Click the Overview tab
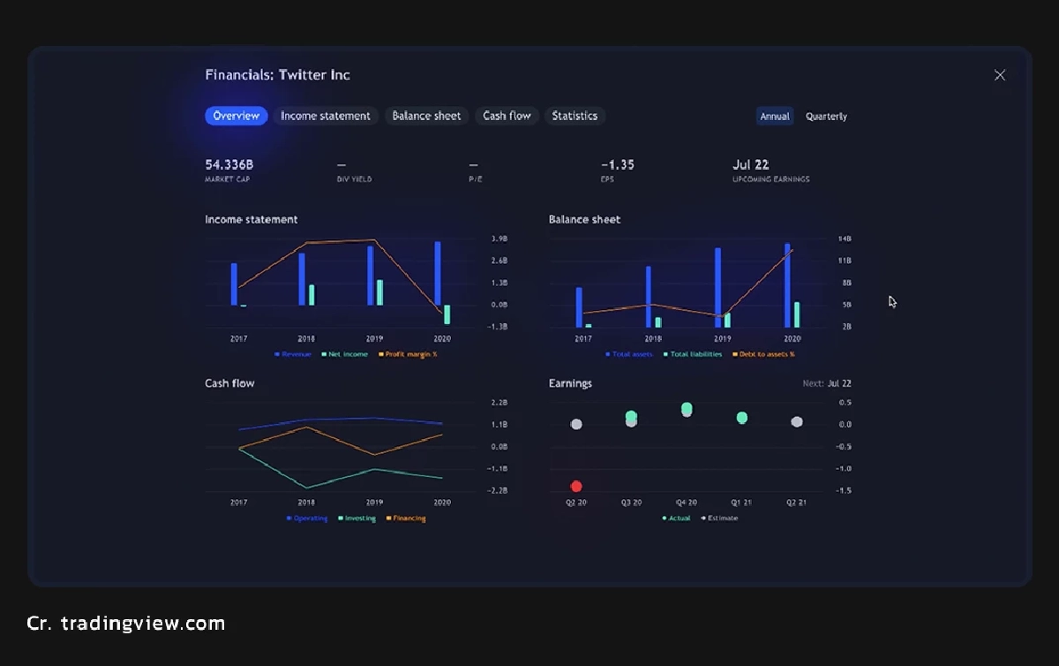click(236, 116)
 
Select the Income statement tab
click(325, 116)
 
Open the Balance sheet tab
click(426, 116)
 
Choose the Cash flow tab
click(507, 116)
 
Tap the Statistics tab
click(575, 116)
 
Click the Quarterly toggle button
click(826, 117)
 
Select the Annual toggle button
click(775, 117)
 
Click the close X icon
click(1000, 75)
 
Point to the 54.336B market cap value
click(229, 165)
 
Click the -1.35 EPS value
click(618, 165)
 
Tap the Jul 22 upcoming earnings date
click(751, 165)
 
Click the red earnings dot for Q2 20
click(576, 486)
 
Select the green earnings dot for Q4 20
click(687, 408)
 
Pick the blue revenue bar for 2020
click(438, 273)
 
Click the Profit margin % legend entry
click(409, 354)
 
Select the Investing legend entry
click(357, 518)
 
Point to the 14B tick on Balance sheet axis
click(845, 239)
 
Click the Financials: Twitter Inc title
click(277, 75)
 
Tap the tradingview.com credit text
click(126, 624)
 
